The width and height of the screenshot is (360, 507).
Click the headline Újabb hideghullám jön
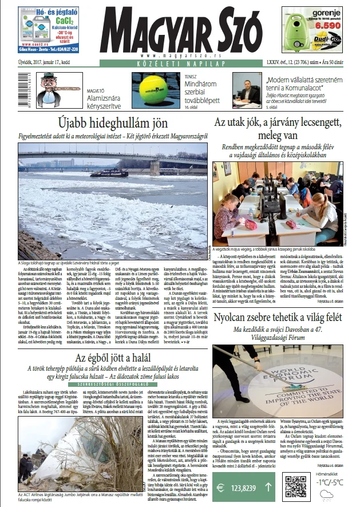(113, 122)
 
